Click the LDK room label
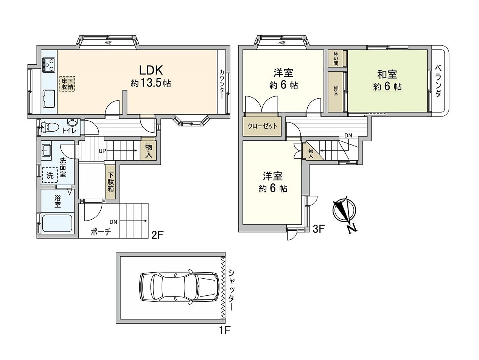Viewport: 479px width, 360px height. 151,70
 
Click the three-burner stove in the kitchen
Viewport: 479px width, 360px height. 49,64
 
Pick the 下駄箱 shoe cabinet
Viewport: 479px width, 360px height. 110,182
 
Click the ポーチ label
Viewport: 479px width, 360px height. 100,232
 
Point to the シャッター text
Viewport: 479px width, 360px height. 230,290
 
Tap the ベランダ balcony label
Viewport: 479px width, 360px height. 438,82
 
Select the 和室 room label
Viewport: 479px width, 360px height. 387,73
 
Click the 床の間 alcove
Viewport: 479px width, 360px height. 336,59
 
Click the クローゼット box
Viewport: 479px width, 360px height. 262,126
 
